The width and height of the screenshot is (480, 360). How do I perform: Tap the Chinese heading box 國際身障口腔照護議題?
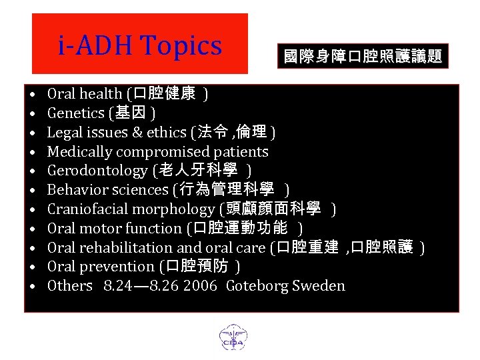tap(363, 57)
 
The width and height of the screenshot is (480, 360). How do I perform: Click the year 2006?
tap(201, 286)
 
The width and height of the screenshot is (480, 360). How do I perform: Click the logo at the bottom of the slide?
tap(233, 336)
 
